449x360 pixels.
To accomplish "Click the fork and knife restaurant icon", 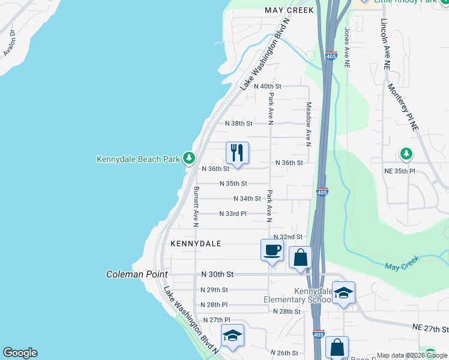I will tap(237, 152).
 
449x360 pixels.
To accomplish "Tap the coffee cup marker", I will tap(272, 249).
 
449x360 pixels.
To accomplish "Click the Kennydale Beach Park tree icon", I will tap(189, 158).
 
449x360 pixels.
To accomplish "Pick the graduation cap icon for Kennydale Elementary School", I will tap(343, 293).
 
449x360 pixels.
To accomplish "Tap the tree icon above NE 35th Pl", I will tap(406, 154).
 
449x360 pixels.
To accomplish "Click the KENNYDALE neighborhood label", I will tap(196, 244).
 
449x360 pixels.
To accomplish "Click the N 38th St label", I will tap(238, 124).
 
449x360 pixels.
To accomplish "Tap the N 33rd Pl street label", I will tap(233, 214).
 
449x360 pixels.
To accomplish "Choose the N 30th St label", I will tap(217, 274).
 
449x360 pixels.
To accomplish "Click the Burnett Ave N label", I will tap(196, 206).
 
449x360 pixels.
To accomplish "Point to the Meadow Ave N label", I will tap(309, 124).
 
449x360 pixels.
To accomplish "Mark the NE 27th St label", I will tap(430, 329).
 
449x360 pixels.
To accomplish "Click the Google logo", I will tap(20, 353).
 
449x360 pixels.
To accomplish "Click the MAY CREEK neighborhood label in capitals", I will tap(289, 11).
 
